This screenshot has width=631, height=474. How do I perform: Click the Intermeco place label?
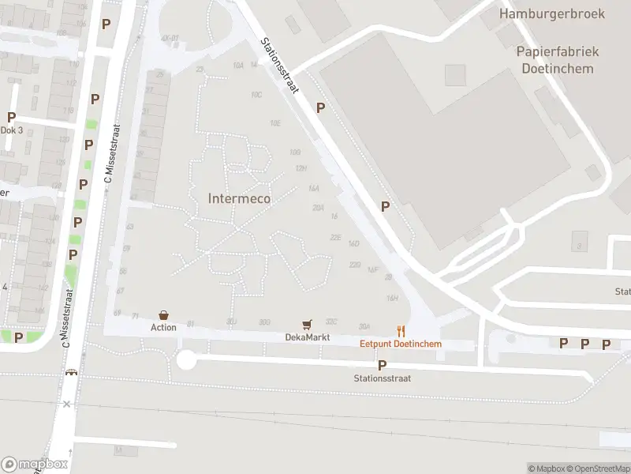tap(239, 198)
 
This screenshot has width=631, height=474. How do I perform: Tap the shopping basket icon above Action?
tap(164, 315)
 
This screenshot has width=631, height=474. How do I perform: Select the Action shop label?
tap(164, 327)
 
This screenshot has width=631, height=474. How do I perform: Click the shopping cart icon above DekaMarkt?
tap(307, 325)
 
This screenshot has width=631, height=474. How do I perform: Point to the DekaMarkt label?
tap(307, 337)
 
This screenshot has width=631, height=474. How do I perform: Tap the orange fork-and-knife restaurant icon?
tap(401, 332)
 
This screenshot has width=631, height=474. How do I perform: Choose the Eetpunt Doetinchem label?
tap(401, 344)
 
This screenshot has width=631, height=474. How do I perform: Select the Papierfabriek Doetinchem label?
tap(558, 59)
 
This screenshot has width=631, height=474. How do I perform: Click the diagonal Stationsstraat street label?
tap(280, 66)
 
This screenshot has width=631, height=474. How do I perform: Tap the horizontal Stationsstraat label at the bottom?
tap(382, 378)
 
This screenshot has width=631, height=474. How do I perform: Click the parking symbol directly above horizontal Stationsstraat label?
tap(382, 365)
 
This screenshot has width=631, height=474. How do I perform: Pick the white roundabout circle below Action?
tap(186, 360)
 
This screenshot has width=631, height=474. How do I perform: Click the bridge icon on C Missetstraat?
tap(72, 373)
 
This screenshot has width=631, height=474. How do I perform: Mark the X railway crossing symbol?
tap(67, 404)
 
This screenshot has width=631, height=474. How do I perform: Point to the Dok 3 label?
tap(11, 130)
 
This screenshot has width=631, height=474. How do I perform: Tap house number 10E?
tap(274, 123)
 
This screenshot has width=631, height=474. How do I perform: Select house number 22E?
tap(335, 237)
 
